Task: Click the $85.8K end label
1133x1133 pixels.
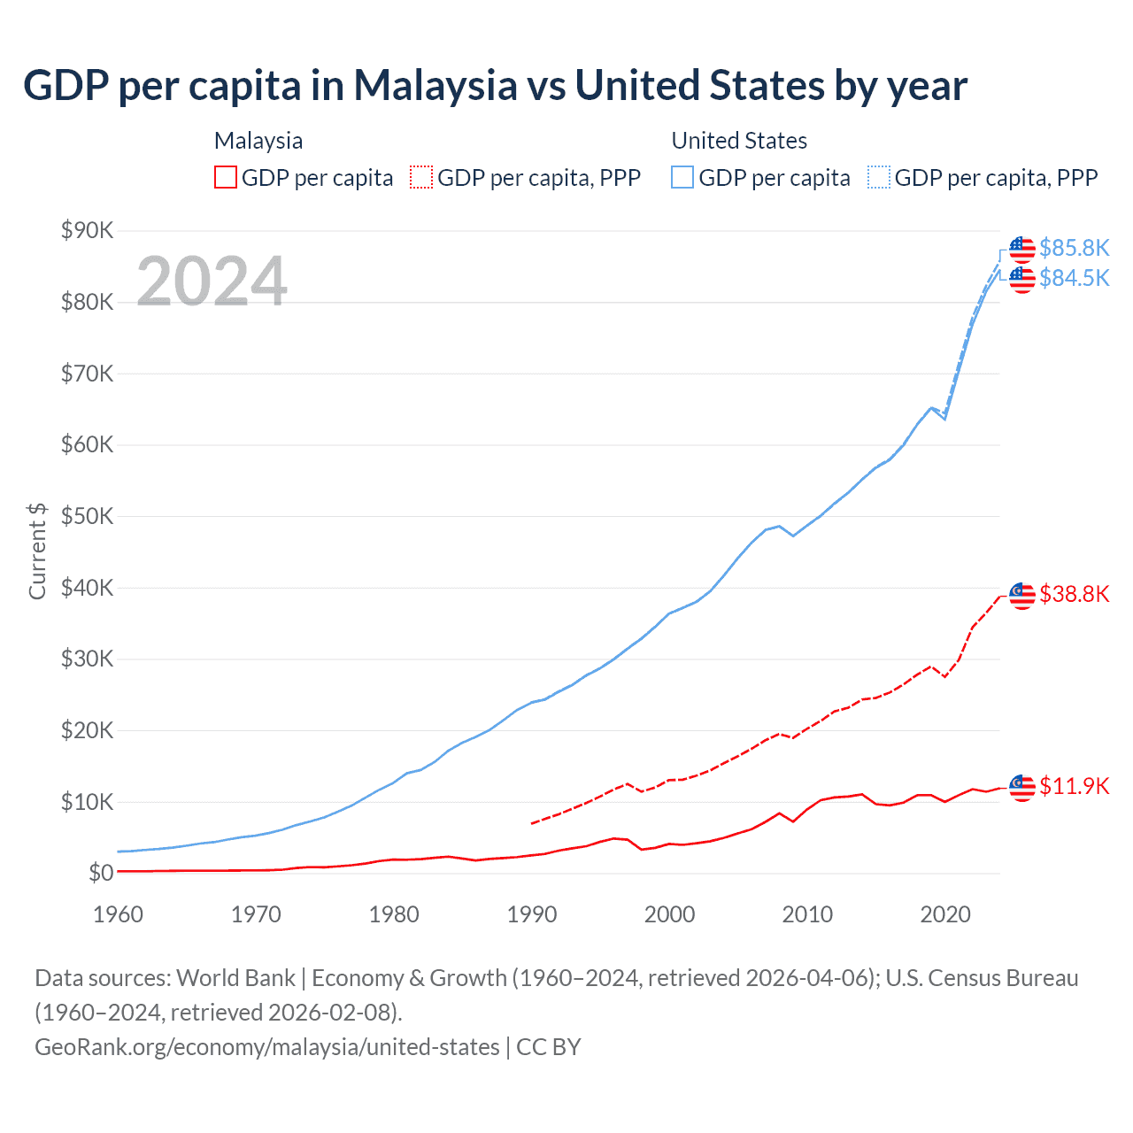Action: pyautogui.click(x=1074, y=248)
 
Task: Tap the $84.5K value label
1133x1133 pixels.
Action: pyautogui.click(x=1074, y=278)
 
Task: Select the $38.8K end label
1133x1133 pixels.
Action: pyautogui.click(x=1074, y=594)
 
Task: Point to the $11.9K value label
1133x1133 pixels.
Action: pyautogui.click(x=1074, y=786)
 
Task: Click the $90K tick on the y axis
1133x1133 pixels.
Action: pyautogui.click(x=87, y=231)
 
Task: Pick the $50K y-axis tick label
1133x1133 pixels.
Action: pyautogui.click(x=87, y=517)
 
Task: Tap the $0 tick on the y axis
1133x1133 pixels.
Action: pyautogui.click(x=101, y=874)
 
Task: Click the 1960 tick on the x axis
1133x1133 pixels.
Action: pyautogui.click(x=118, y=914)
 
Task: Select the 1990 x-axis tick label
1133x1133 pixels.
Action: pyautogui.click(x=532, y=914)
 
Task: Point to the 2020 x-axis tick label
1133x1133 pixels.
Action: pyautogui.click(x=945, y=914)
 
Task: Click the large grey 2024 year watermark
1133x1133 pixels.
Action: pyautogui.click(x=212, y=281)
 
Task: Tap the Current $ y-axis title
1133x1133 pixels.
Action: pyautogui.click(x=37, y=551)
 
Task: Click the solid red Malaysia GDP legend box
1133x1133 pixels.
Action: pyautogui.click(x=226, y=178)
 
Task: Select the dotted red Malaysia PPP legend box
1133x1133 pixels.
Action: pyautogui.click(x=421, y=178)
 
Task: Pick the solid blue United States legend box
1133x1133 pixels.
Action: pyautogui.click(x=682, y=178)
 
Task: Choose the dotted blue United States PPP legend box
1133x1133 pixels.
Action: pyautogui.click(x=879, y=178)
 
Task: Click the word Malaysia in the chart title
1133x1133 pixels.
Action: pyautogui.click(x=435, y=86)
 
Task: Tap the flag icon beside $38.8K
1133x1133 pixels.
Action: pyautogui.click(x=1022, y=596)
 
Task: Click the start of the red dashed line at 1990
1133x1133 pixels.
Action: pyautogui.click(x=532, y=823)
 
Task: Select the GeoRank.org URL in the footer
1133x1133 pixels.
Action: pyautogui.click(x=266, y=1047)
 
